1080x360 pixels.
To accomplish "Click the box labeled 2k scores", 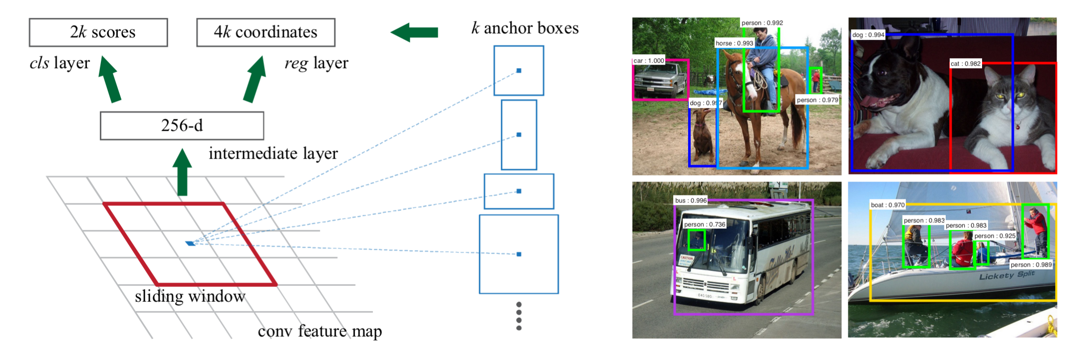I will point(98,33).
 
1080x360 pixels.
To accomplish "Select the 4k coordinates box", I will point(266,33).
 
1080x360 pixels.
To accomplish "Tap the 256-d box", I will point(182,125).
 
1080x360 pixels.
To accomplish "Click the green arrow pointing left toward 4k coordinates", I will point(414,32).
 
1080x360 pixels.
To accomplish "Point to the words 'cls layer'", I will point(60,63).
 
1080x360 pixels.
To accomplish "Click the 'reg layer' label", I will point(316,63).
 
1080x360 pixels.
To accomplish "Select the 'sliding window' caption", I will point(190,297).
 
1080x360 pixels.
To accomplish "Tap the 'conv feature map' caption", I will point(320,331).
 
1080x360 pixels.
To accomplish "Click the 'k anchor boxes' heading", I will point(525,28).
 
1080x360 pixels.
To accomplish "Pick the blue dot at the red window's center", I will point(190,243).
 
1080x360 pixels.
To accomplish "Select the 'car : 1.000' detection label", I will point(648,61).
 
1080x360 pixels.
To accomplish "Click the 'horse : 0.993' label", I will point(734,43).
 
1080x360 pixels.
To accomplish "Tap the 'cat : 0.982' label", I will point(965,64).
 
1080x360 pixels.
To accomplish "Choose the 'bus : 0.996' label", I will point(690,200).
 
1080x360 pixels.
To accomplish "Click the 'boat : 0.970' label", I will point(888,205).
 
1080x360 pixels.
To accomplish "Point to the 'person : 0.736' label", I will point(704,224).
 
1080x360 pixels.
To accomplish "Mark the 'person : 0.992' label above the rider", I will point(762,23).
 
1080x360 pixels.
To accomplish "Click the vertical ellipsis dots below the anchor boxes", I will point(519,316).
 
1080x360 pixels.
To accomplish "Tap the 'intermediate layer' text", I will point(273,154).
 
